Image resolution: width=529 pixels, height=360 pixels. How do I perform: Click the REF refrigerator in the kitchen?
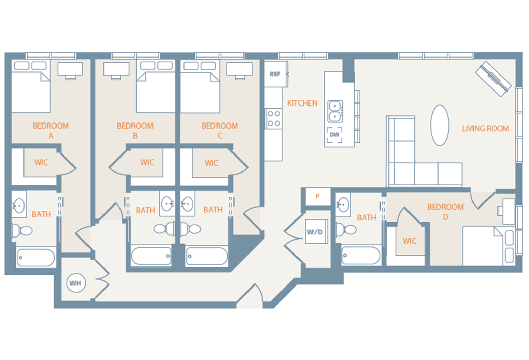(x=276, y=74)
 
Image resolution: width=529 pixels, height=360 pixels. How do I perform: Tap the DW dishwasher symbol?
(x=335, y=135)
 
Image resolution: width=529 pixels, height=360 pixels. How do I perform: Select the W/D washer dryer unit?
(x=317, y=231)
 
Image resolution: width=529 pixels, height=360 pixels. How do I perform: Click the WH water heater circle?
(x=76, y=283)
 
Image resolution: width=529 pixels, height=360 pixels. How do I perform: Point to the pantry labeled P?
(x=318, y=196)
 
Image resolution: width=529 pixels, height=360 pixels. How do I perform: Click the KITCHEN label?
(x=302, y=103)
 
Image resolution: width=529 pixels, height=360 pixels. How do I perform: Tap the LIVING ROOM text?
(x=485, y=129)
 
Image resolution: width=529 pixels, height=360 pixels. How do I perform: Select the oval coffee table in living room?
(x=439, y=125)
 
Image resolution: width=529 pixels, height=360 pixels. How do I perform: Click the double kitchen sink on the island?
(x=335, y=111)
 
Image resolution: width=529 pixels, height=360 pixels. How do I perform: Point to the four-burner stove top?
(x=274, y=118)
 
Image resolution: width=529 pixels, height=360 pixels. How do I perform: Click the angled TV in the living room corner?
(x=493, y=79)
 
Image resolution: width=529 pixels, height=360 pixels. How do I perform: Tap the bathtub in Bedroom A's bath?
(x=36, y=258)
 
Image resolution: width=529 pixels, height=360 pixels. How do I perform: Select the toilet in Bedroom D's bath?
(x=346, y=229)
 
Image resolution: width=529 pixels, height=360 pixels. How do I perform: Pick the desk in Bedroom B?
(x=116, y=71)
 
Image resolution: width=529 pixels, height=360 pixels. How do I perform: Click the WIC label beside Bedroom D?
(x=410, y=241)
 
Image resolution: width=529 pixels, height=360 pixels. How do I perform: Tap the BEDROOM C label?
(x=220, y=131)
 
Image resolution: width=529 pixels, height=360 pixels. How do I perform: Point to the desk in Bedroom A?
(x=70, y=71)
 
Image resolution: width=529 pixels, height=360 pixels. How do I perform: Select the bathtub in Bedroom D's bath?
(x=361, y=256)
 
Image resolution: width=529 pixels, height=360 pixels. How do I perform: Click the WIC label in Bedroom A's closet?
(x=41, y=162)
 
